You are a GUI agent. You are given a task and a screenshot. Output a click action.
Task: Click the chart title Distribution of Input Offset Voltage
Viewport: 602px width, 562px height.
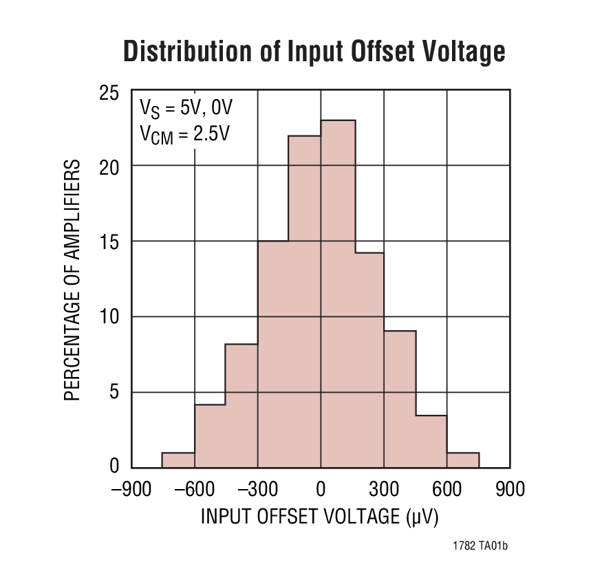pos(314,52)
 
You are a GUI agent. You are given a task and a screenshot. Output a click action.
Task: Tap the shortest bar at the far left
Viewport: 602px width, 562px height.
pos(178,460)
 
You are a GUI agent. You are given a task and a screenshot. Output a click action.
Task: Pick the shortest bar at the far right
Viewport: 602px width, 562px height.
pos(463,460)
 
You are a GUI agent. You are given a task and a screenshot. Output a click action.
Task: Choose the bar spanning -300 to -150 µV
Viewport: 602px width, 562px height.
pos(273,354)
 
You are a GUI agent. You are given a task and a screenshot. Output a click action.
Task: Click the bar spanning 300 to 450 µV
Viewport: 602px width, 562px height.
pos(400,399)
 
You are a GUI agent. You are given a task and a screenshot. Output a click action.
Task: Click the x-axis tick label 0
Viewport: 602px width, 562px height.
pos(321,489)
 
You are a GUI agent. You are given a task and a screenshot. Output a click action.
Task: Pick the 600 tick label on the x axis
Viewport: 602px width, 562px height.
pos(447,489)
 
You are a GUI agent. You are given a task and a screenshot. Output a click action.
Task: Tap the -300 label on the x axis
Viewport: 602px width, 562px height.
pos(257,489)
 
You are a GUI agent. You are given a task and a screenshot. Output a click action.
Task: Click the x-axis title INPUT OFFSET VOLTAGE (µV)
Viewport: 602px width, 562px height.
pos(320,517)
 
